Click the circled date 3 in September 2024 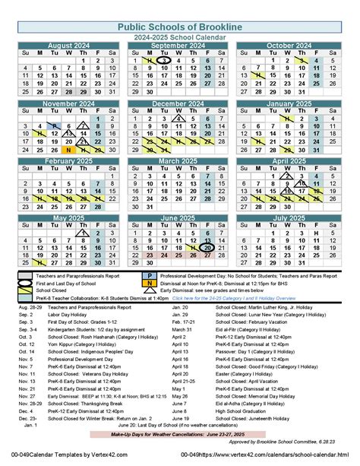tap(177, 61)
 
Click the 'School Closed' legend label tap(51, 290)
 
